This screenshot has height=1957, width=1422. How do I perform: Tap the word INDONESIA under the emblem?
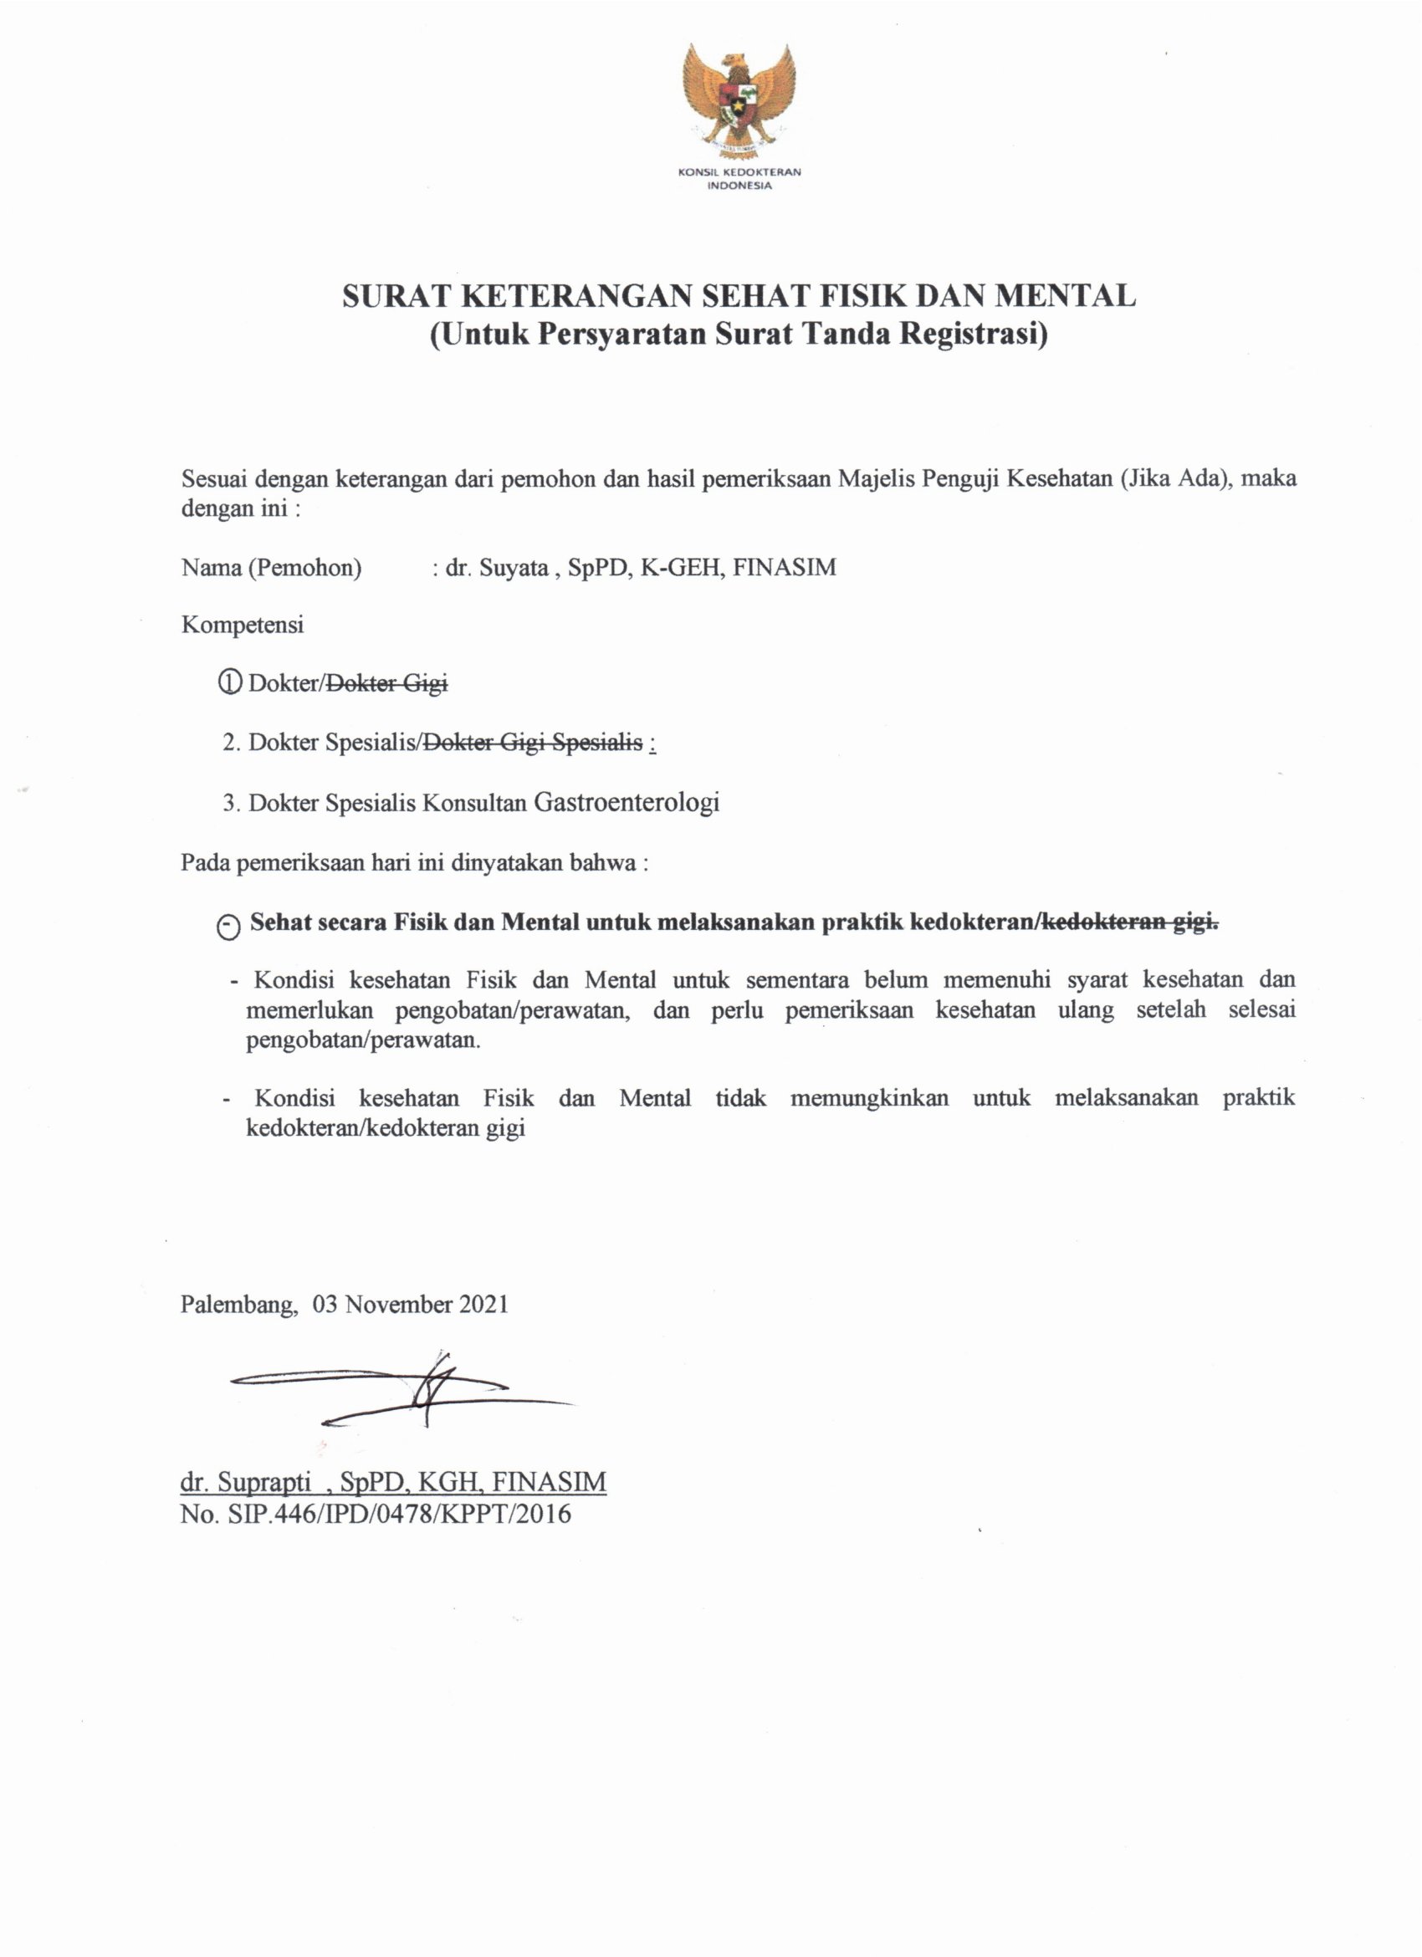tap(739, 186)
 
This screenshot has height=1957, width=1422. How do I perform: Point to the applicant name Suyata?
tap(515, 568)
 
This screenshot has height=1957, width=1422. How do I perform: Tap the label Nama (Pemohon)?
tap(271, 568)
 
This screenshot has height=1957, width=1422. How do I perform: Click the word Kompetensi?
tap(243, 625)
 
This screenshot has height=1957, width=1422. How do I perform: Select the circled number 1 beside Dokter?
tap(229, 683)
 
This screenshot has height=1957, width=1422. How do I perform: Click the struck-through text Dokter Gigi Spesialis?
tap(530, 742)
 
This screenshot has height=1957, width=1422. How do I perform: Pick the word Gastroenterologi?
tap(627, 803)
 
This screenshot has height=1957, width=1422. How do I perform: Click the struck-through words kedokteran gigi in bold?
tap(1129, 922)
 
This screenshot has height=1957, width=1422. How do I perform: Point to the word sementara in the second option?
tap(801, 980)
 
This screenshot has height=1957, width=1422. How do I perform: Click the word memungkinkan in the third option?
tap(869, 1098)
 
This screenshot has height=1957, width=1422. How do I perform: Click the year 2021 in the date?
tap(483, 1304)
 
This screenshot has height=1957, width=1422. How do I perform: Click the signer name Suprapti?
tap(264, 1482)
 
